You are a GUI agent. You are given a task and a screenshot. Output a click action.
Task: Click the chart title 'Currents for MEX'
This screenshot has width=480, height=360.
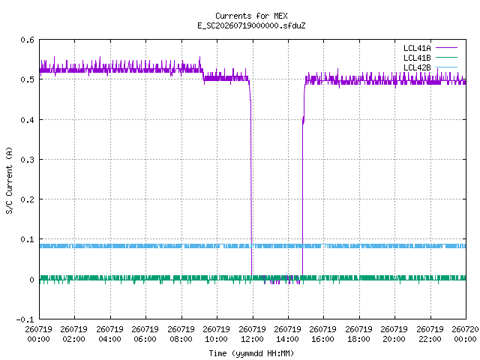(251, 16)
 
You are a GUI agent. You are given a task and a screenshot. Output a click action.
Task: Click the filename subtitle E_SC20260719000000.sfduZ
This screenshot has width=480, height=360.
(251, 25)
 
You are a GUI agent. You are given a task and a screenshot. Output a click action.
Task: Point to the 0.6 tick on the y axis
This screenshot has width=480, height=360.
(27, 40)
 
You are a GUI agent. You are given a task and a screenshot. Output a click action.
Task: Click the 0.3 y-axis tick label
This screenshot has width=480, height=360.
(27, 160)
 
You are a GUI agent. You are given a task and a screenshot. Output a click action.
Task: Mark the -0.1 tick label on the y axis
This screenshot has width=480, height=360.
(25, 319)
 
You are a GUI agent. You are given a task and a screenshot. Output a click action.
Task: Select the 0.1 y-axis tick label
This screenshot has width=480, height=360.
(27, 239)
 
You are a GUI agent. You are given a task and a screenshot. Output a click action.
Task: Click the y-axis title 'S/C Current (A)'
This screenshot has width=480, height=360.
(9, 180)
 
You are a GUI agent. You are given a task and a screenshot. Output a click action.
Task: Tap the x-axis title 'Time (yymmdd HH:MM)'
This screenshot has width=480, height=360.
(251, 353)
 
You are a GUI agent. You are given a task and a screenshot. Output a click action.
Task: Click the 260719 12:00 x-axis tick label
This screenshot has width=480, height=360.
(252, 334)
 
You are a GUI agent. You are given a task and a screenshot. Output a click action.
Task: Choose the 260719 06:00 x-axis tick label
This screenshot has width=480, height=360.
(145, 334)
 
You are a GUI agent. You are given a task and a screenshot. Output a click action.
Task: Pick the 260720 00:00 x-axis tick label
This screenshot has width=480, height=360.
(465, 334)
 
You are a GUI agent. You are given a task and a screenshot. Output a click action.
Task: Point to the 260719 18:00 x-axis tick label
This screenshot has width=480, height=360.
(358, 334)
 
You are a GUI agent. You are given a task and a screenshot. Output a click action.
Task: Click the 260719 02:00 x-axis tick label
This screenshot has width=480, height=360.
(73, 334)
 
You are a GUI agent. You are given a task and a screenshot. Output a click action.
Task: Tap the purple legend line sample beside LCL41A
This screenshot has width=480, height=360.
(446, 48)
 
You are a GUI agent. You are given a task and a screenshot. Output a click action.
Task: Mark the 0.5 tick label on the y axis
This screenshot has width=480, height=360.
(27, 79)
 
